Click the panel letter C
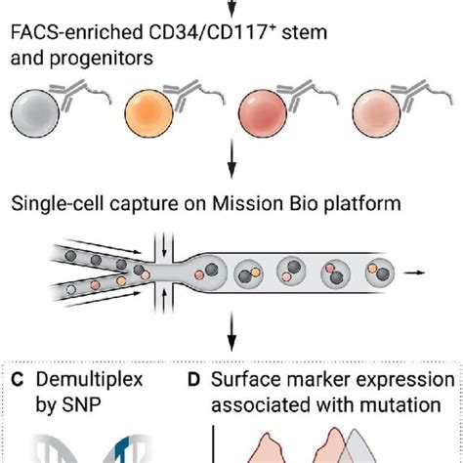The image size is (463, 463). click(19, 379)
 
